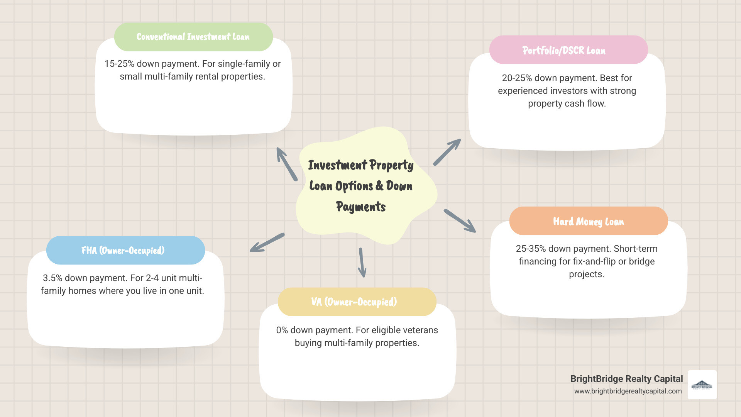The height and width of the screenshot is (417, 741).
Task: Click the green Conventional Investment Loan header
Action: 193,37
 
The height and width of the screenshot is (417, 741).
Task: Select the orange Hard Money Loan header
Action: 589,221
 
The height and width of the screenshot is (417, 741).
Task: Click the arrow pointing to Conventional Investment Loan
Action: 287,164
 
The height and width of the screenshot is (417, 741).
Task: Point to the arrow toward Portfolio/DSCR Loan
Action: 447,152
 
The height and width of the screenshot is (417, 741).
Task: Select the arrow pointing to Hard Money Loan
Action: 460,221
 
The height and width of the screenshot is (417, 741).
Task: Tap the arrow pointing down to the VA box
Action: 362,263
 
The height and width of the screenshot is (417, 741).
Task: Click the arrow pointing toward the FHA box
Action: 267,242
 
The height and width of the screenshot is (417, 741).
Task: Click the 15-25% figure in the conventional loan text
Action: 119,64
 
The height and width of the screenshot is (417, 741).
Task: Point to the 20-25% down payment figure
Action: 517,78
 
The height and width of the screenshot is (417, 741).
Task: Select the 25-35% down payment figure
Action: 531,249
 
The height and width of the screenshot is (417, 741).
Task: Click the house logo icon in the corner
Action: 702,385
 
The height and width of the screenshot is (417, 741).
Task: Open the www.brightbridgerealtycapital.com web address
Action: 628,391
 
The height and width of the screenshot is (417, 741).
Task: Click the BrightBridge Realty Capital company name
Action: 626,379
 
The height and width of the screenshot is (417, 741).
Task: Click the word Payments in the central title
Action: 361,207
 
